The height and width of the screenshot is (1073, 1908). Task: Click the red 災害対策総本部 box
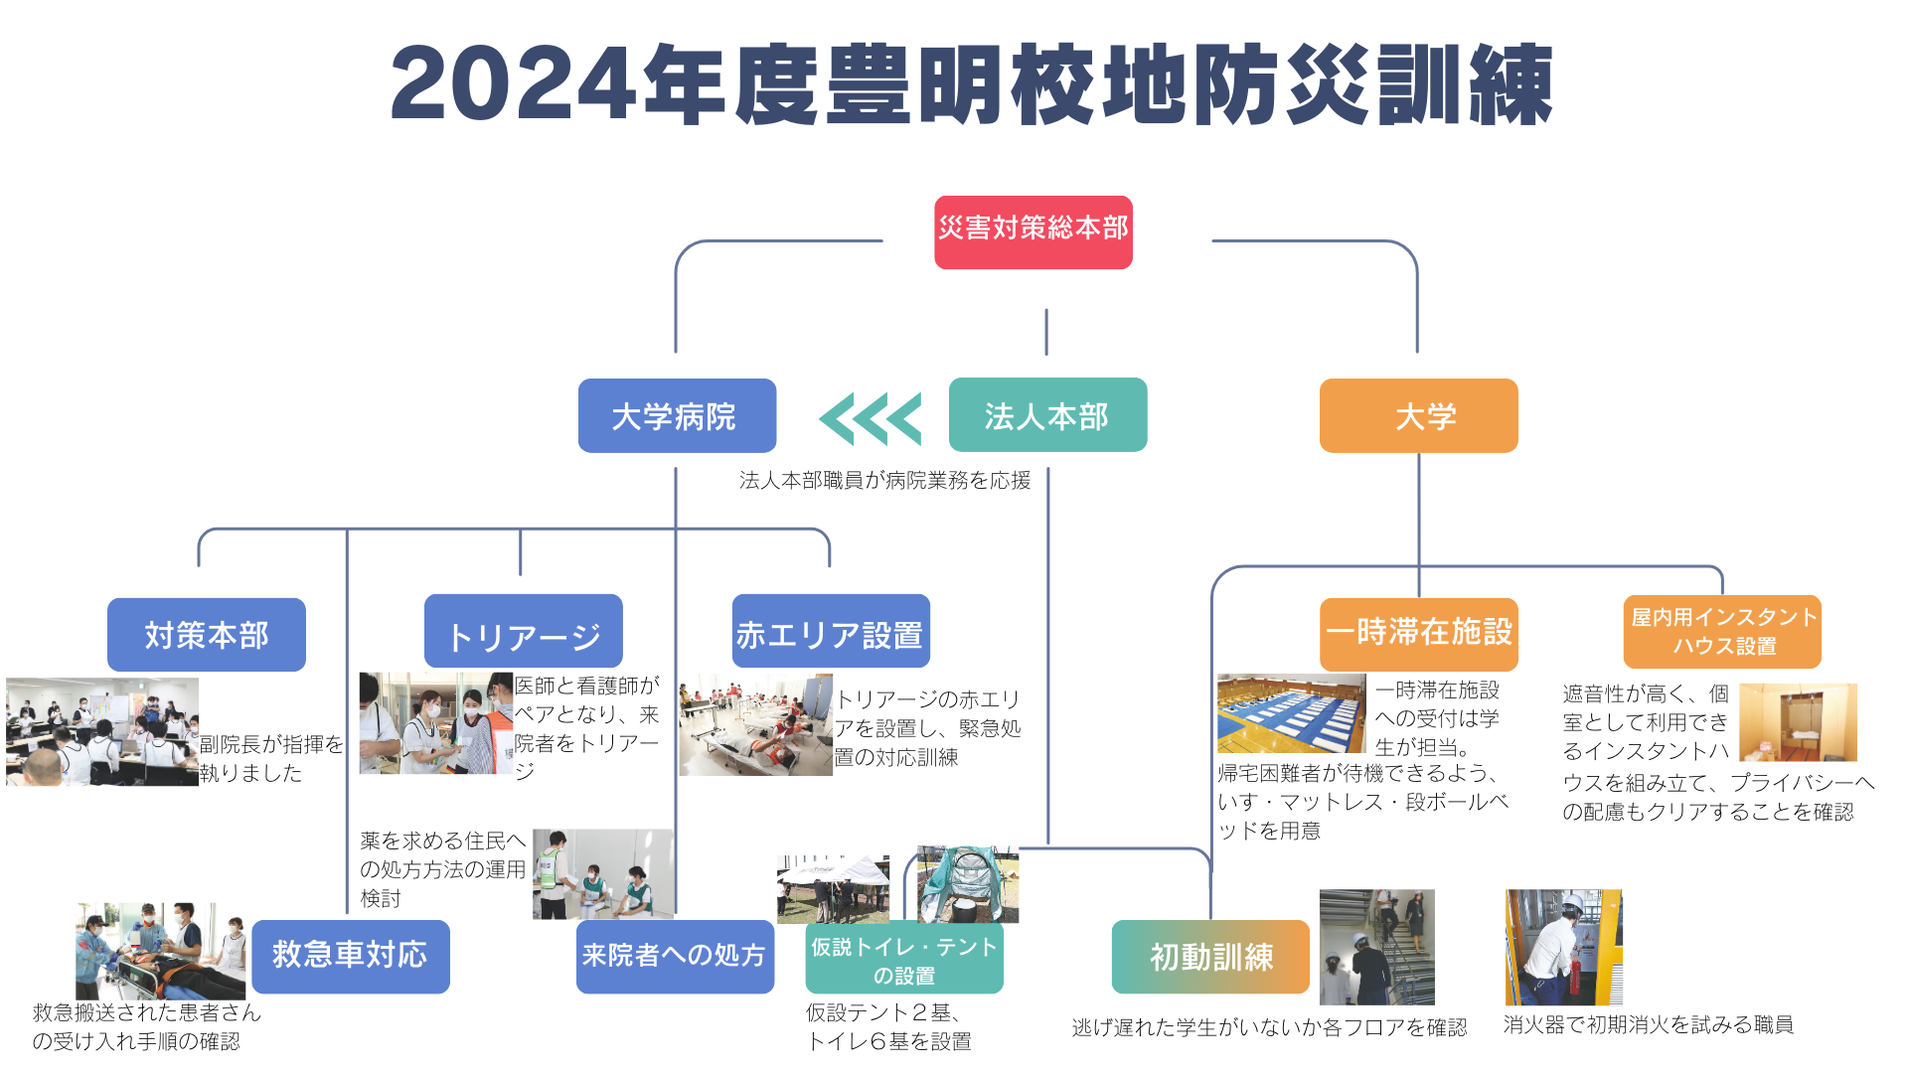[x=1033, y=232]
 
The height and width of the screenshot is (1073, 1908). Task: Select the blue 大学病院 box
[x=677, y=415]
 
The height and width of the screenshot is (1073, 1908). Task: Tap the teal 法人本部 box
[x=1047, y=415]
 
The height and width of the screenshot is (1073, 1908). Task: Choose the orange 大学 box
[x=1418, y=415]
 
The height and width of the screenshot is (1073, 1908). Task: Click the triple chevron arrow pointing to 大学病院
[x=871, y=418]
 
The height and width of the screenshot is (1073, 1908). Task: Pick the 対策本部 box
[x=207, y=635]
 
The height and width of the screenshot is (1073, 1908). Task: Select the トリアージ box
[x=524, y=631]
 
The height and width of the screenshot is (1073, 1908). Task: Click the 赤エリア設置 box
[x=831, y=631]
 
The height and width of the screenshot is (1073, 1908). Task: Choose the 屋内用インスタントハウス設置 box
[x=1722, y=632]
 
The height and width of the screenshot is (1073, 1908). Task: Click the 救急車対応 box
[x=351, y=957]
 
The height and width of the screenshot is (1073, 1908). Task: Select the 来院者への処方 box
[x=675, y=957]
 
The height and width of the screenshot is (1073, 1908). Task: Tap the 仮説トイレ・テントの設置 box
[x=904, y=958]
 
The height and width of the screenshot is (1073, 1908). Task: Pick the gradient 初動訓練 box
[x=1210, y=957]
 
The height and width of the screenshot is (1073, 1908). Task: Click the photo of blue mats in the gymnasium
[x=1292, y=713]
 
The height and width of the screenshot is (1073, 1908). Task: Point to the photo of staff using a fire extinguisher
[x=1564, y=947]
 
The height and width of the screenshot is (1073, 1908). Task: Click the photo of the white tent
[x=833, y=889]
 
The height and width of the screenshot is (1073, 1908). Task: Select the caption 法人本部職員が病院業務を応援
[x=884, y=481]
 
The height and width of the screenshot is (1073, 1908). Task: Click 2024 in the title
[x=513, y=84]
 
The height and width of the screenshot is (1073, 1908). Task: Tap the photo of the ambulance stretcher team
[x=160, y=951]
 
